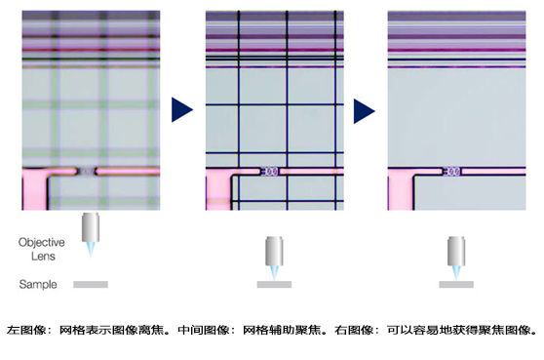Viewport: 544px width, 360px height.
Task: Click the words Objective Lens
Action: [42, 249]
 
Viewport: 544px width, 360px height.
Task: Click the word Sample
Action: [38, 284]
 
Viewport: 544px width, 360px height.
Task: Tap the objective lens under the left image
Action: [91, 227]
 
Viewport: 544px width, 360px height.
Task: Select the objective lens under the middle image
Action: [274, 251]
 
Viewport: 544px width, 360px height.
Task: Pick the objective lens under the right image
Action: [456, 251]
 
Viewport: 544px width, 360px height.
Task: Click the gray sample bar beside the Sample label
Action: [91, 284]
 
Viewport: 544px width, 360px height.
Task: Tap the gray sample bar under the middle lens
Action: [274, 284]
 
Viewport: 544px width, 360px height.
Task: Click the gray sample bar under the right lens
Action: [456, 284]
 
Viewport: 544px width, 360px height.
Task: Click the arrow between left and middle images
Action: [181, 109]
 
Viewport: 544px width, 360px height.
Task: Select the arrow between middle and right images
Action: [364, 111]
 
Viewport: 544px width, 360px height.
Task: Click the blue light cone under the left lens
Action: [91, 250]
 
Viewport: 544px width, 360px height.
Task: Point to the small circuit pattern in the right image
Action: [452, 171]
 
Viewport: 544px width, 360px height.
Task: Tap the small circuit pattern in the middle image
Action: [270, 171]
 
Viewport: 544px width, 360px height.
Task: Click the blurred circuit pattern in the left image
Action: [87, 171]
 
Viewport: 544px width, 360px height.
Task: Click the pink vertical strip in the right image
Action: [400, 190]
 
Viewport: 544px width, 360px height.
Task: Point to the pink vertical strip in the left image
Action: [35, 190]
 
